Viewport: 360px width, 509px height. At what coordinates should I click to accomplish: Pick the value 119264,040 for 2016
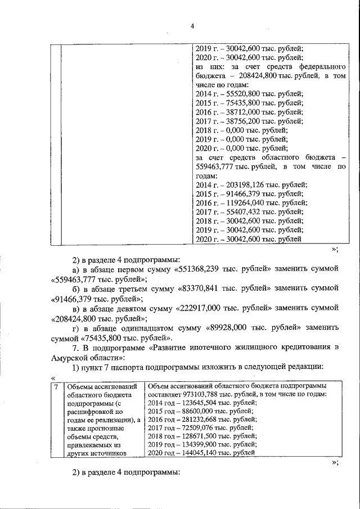tap(244, 202)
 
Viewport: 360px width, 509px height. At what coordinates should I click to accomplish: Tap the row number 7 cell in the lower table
tap(55, 387)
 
